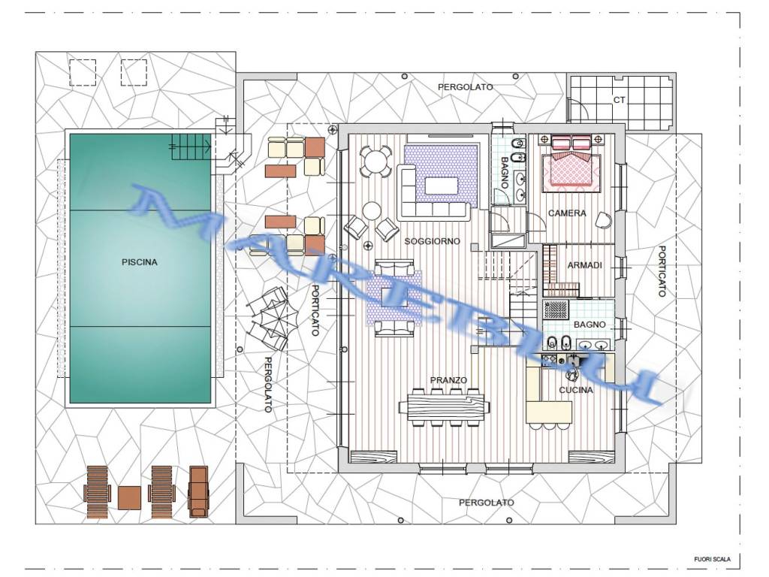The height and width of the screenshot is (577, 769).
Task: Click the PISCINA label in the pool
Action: click(x=139, y=262)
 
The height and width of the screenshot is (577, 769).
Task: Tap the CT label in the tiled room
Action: click(x=620, y=100)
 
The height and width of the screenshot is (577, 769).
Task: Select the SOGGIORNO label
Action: click(x=432, y=241)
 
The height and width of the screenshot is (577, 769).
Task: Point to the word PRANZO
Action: click(x=448, y=379)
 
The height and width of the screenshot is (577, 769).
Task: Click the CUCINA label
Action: click(x=576, y=390)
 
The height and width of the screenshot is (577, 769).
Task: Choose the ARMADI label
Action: click(x=584, y=265)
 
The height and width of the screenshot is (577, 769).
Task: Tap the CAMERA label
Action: click(x=567, y=213)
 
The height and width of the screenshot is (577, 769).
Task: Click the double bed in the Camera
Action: click(x=571, y=164)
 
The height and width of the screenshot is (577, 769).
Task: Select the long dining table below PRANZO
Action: click(x=445, y=407)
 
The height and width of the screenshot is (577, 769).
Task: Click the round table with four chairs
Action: click(x=375, y=162)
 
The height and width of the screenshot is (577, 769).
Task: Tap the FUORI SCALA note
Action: click(x=712, y=559)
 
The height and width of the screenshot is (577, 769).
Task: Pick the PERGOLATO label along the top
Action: click(x=465, y=87)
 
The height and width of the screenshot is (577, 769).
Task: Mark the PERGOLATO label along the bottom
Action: click(x=486, y=503)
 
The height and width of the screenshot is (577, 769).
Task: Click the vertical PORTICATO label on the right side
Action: click(x=662, y=271)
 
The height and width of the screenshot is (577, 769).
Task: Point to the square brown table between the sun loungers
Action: click(x=129, y=497)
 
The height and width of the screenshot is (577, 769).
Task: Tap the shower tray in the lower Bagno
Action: click(x=556, y=310)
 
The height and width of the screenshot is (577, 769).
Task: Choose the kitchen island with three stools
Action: click(x=549, y=412)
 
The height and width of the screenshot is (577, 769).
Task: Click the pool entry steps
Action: click(x=191, y=147)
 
